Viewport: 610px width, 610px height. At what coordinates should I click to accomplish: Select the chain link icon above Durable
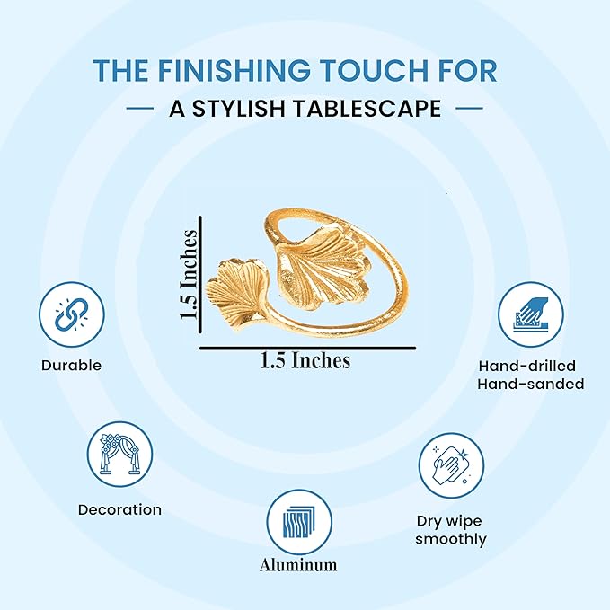(72, 314)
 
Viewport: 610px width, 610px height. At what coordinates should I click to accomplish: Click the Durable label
(71, 366)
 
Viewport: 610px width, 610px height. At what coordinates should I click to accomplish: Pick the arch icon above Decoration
(119, 454)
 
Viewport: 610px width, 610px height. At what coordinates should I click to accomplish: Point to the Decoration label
(119, 509)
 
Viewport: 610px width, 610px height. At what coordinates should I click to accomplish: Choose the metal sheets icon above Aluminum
(299, 523)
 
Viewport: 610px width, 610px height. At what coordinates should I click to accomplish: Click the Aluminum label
(298, 565)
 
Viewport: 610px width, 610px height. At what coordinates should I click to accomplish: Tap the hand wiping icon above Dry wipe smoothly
(451, 465)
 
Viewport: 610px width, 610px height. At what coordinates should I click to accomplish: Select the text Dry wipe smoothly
(450, 530)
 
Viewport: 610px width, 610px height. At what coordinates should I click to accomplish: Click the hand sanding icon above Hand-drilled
(531, 314)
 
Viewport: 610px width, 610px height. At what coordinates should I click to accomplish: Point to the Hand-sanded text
(531, 384)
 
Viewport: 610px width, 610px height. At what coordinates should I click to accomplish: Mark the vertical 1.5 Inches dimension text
(189, 275)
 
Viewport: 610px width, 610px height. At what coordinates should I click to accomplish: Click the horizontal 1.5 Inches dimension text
(305, 360)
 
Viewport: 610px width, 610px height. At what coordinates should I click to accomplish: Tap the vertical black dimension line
(200, 275)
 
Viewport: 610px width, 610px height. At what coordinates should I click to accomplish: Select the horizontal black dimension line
(308, 349)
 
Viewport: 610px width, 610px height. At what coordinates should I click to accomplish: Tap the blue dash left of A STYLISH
(140, 108)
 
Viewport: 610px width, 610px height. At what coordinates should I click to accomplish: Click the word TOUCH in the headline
(366, 70)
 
